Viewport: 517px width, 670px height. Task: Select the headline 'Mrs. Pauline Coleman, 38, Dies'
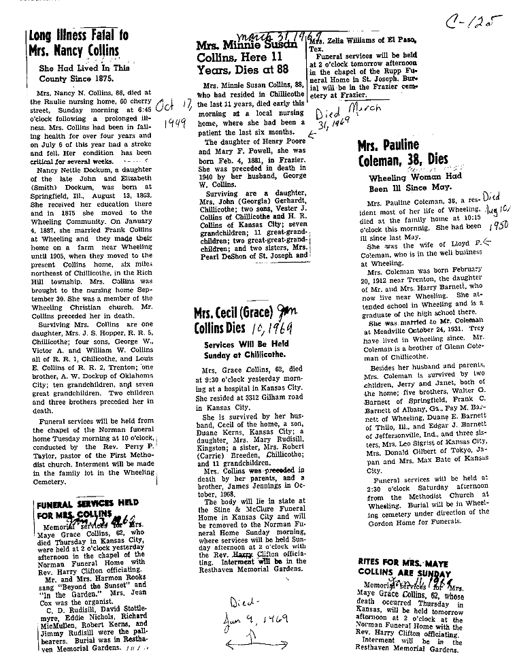click(x=403, y=152)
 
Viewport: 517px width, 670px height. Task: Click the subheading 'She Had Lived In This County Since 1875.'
click(x=84, y=73)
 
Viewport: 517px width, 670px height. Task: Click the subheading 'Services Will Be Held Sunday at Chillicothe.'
click(x=247, y=350)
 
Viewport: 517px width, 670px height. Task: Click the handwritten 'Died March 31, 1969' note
click(x=347, y=118)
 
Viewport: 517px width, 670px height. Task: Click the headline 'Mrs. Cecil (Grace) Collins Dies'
click(x=242, y=320)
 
